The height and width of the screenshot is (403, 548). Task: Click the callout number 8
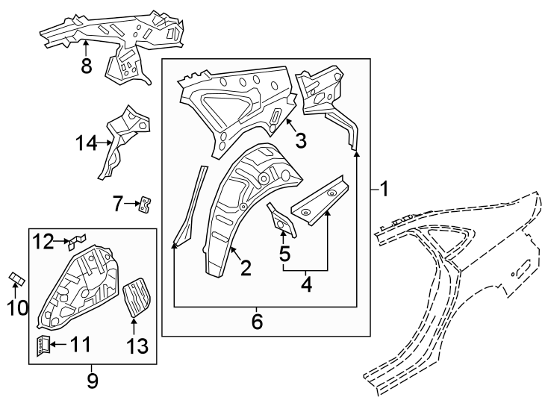86,66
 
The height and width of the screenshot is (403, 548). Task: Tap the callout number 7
117,202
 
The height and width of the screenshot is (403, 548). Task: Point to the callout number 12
43,241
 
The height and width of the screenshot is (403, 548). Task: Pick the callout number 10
16,307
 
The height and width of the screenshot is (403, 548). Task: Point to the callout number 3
300,140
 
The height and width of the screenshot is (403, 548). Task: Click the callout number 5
284,254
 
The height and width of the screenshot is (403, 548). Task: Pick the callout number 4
305,284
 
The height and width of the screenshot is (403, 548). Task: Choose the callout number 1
384,190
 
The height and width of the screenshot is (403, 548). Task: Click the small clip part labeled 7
145,203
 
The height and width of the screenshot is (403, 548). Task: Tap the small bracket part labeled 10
16,280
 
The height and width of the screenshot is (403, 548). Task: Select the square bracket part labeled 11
43,344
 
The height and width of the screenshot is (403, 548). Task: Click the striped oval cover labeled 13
135,296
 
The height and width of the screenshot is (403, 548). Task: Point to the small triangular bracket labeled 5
283,219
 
